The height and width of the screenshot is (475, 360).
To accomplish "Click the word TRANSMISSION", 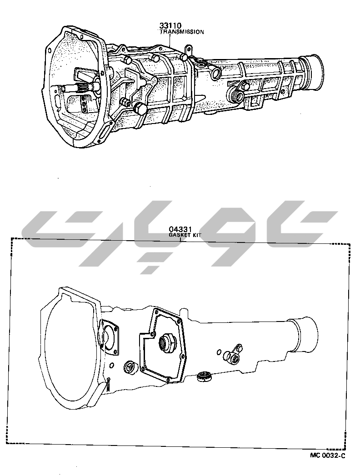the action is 182,31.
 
